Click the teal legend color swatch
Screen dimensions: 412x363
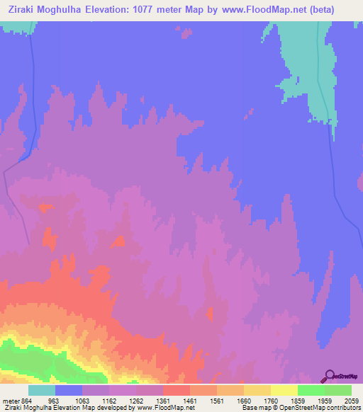tap(42, 390)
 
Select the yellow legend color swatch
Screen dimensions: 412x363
tap(284, 390)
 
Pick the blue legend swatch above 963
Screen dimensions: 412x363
tap(69, 390)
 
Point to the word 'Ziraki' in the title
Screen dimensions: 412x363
tap(21, 9)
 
